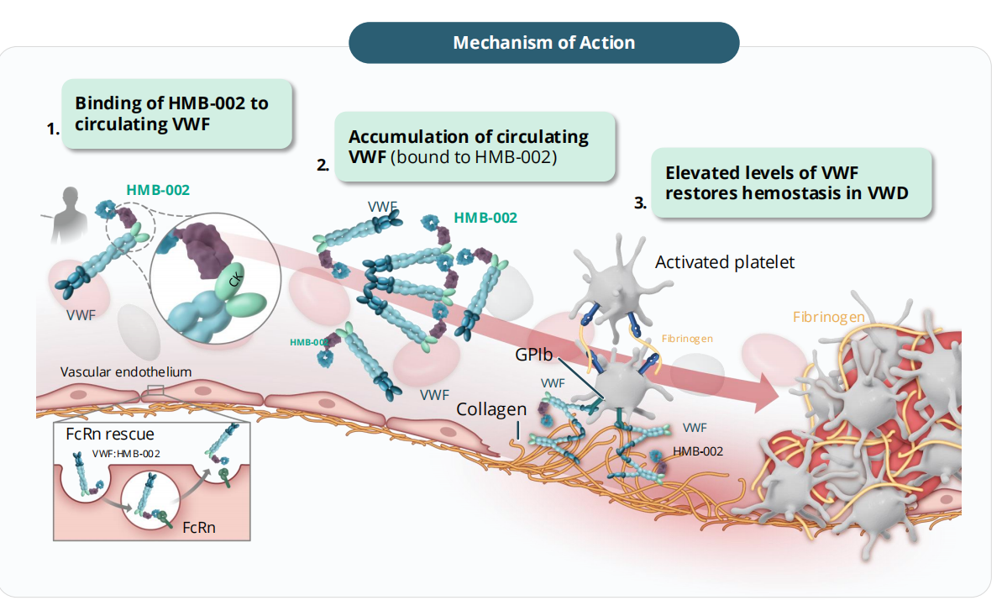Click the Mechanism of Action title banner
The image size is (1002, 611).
tap(543, 42)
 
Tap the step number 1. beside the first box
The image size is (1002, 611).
tap(53, 129)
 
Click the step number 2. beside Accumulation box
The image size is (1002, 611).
tap(323, 166)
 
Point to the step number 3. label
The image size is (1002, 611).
tap(640, 203)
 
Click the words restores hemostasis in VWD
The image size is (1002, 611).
tap(786, 192)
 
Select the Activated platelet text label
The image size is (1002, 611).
tap(724, 262)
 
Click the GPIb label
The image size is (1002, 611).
tap(534, 356)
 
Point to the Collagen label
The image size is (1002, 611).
tap(491, 409)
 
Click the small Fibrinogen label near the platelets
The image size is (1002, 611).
tap(687, 339)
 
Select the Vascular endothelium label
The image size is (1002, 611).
tap(126, 371)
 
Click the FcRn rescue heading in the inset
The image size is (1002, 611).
tap(109, 435)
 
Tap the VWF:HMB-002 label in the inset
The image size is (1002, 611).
tap(124, 453)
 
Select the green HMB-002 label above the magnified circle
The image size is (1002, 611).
tap(158, 189)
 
